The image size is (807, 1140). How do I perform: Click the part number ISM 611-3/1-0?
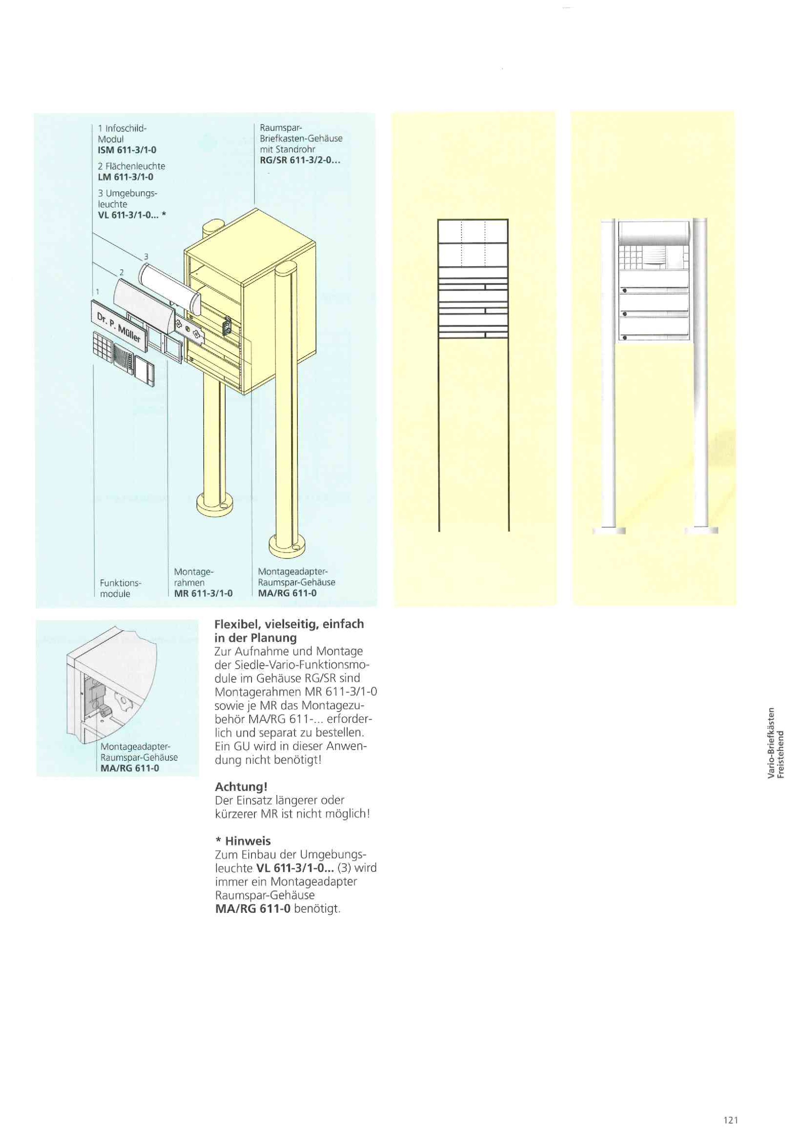pyautogui.click(x=127, y=150)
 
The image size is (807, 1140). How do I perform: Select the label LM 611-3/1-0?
pyautogui.click(x=125, y=177)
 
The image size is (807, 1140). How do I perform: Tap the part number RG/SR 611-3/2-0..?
pyautogui.click(x=299, y=160)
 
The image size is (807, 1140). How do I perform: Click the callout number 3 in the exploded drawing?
pyautogui.click(x=146, y=257)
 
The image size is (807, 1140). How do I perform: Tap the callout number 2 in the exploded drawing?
pyautogui.click(x=121, y=272)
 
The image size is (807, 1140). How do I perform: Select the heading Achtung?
pyautogui.click(x=241, y=787)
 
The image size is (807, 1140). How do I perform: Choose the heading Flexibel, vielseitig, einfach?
pyautogui.click(x=289, y=624)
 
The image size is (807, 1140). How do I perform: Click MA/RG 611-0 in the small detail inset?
pyautogui.click(x=130, y=768)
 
